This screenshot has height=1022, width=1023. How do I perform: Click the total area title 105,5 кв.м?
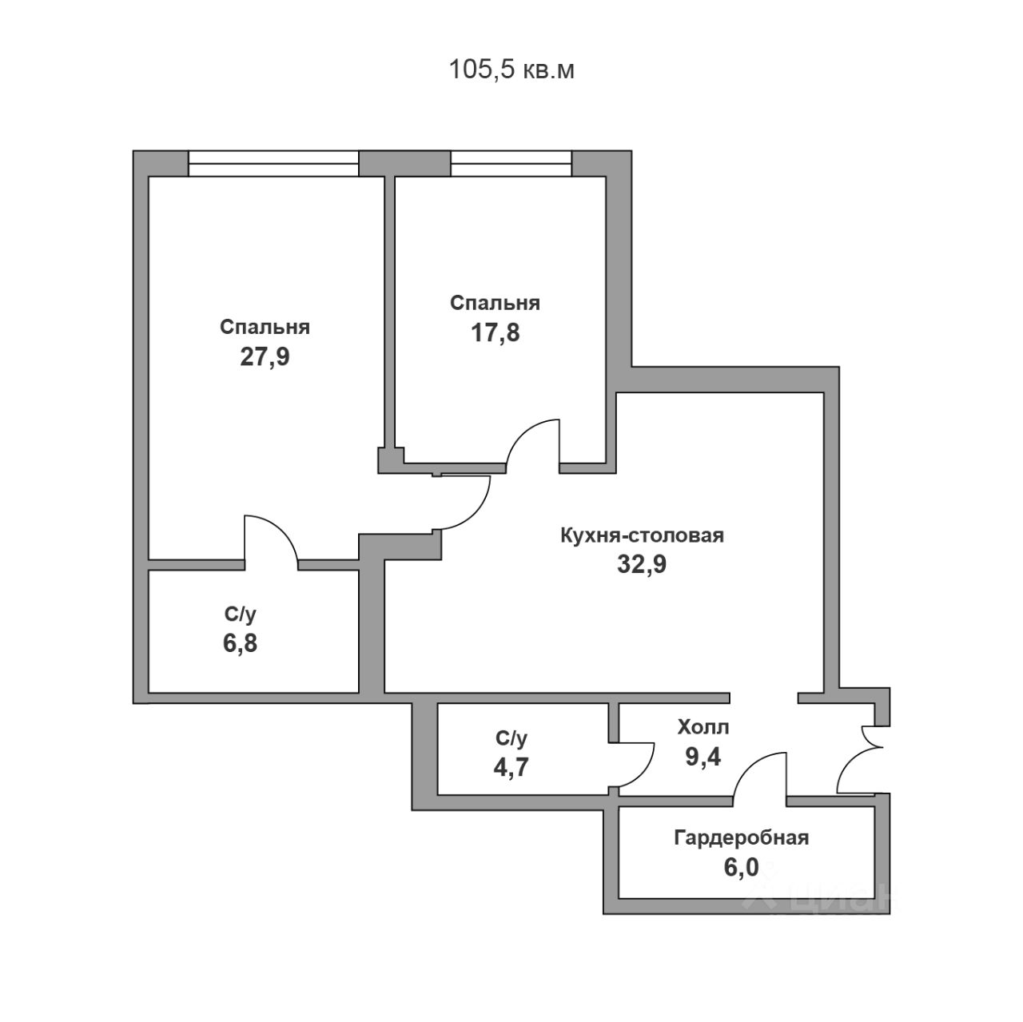(x=511, y=70)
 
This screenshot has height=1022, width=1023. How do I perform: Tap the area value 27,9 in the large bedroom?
(x=265, y=356)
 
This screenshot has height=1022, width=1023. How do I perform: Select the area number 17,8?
(x=496, y=333)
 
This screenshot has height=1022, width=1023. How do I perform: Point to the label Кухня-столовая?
(x=642, y=535)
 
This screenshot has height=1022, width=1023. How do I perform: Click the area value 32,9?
(x=641, y=564)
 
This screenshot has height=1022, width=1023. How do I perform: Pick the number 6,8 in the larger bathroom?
(x=240, y=643)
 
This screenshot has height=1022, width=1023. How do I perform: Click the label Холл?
(x=703, y=727)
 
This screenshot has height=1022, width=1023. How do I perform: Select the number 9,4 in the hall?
(x=703, y=757)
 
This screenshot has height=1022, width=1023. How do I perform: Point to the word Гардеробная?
(x=741, y=838)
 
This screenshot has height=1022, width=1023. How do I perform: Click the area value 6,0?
(x=741, y=868)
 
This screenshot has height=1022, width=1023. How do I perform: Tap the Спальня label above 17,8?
(x=495, y=303)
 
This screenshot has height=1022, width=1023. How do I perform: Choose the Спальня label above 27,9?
(x=265, y=327)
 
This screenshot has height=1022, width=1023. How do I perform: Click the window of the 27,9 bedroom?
(x=273, y=164)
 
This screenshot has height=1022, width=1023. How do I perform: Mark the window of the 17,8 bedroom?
(x=511, y=164)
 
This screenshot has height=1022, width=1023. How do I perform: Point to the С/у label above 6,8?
(x=240, y=614)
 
